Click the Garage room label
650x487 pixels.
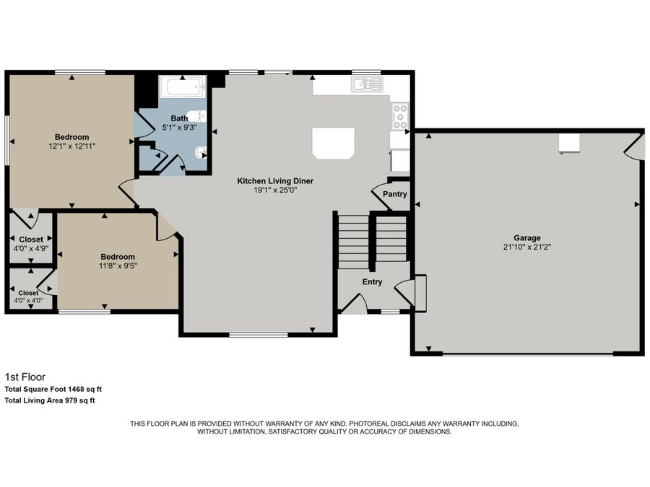click(526, 237)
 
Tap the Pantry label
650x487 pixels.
click(395, 194)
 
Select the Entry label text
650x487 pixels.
click(372, 282)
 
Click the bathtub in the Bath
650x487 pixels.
click(181, 89)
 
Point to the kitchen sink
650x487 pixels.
click(366, 85)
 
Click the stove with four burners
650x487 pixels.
click(399, 115)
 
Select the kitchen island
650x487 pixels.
click(333, 142)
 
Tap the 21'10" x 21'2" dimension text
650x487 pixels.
click(526, 247)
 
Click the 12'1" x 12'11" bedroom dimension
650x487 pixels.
click(72, 146)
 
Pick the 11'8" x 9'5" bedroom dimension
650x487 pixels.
click(118, 266)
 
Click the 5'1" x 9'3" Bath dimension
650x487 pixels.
click(179, 127)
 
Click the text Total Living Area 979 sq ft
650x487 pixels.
click(50, 400)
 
